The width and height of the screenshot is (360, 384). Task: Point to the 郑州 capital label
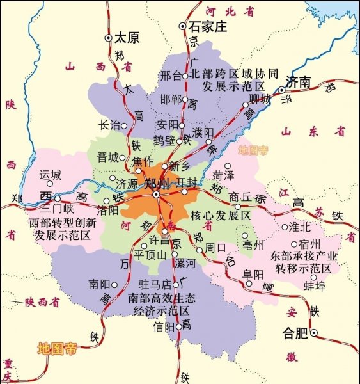(x=157, y=184)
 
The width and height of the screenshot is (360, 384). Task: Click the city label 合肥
(x=295, y=333)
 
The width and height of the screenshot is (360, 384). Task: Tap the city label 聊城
(x=260, y=100)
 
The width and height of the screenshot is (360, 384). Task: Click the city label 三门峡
(x=58, y=209)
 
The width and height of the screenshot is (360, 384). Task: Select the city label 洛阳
(x=90, y=209)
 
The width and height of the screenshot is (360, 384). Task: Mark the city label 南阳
(x=101, y=284)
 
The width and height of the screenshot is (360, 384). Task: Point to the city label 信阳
(x=164, y=326)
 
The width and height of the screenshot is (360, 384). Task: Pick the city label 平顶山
(x=150, y=254)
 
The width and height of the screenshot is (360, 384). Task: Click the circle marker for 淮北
(x=285, y=227)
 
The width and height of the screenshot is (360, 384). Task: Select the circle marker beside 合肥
(x=314, y=333)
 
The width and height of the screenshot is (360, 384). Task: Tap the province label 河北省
(x=230, y=11)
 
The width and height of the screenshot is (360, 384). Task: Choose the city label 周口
(x=214, y=248)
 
